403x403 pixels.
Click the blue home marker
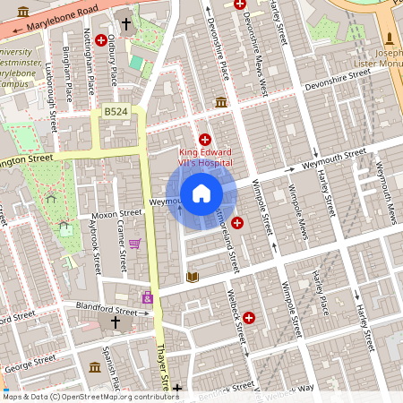pos(201,193)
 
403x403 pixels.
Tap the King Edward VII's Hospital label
pos(206,158)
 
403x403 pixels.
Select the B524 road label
pos(114,111)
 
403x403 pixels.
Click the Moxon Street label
pos(118,214)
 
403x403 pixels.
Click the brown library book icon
pos(191,278)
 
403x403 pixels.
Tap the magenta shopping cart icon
pos(134,243)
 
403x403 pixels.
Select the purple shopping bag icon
pos(147,296)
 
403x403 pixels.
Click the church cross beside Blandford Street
pos(115,322)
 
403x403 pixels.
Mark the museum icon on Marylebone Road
pos(22,12)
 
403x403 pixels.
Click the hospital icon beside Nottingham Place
pos(101,41)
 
